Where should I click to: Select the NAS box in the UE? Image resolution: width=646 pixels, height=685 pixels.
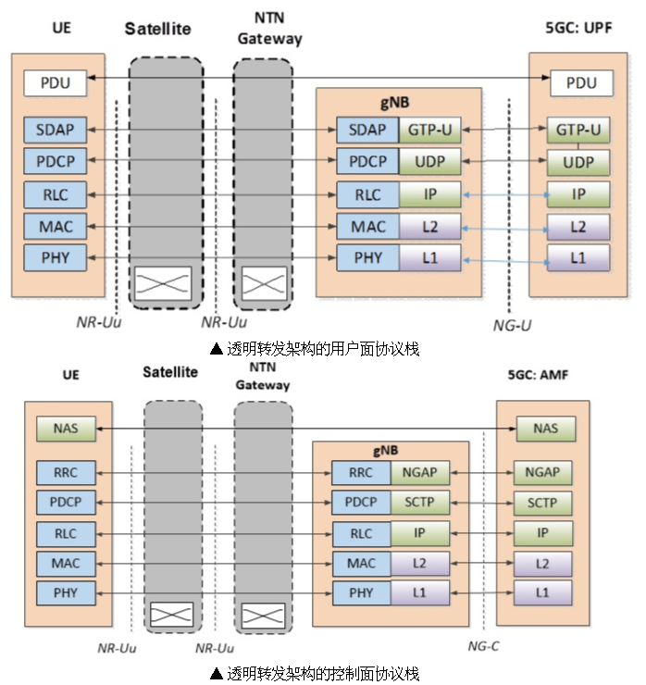click(67, 430)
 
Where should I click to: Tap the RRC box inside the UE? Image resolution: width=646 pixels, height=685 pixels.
click(67, 472)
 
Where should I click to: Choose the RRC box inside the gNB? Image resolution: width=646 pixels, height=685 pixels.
click(362, 472)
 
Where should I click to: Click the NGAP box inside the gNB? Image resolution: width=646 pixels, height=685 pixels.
click(420, 472)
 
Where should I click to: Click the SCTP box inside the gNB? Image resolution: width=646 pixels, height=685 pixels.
click(420, 503)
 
